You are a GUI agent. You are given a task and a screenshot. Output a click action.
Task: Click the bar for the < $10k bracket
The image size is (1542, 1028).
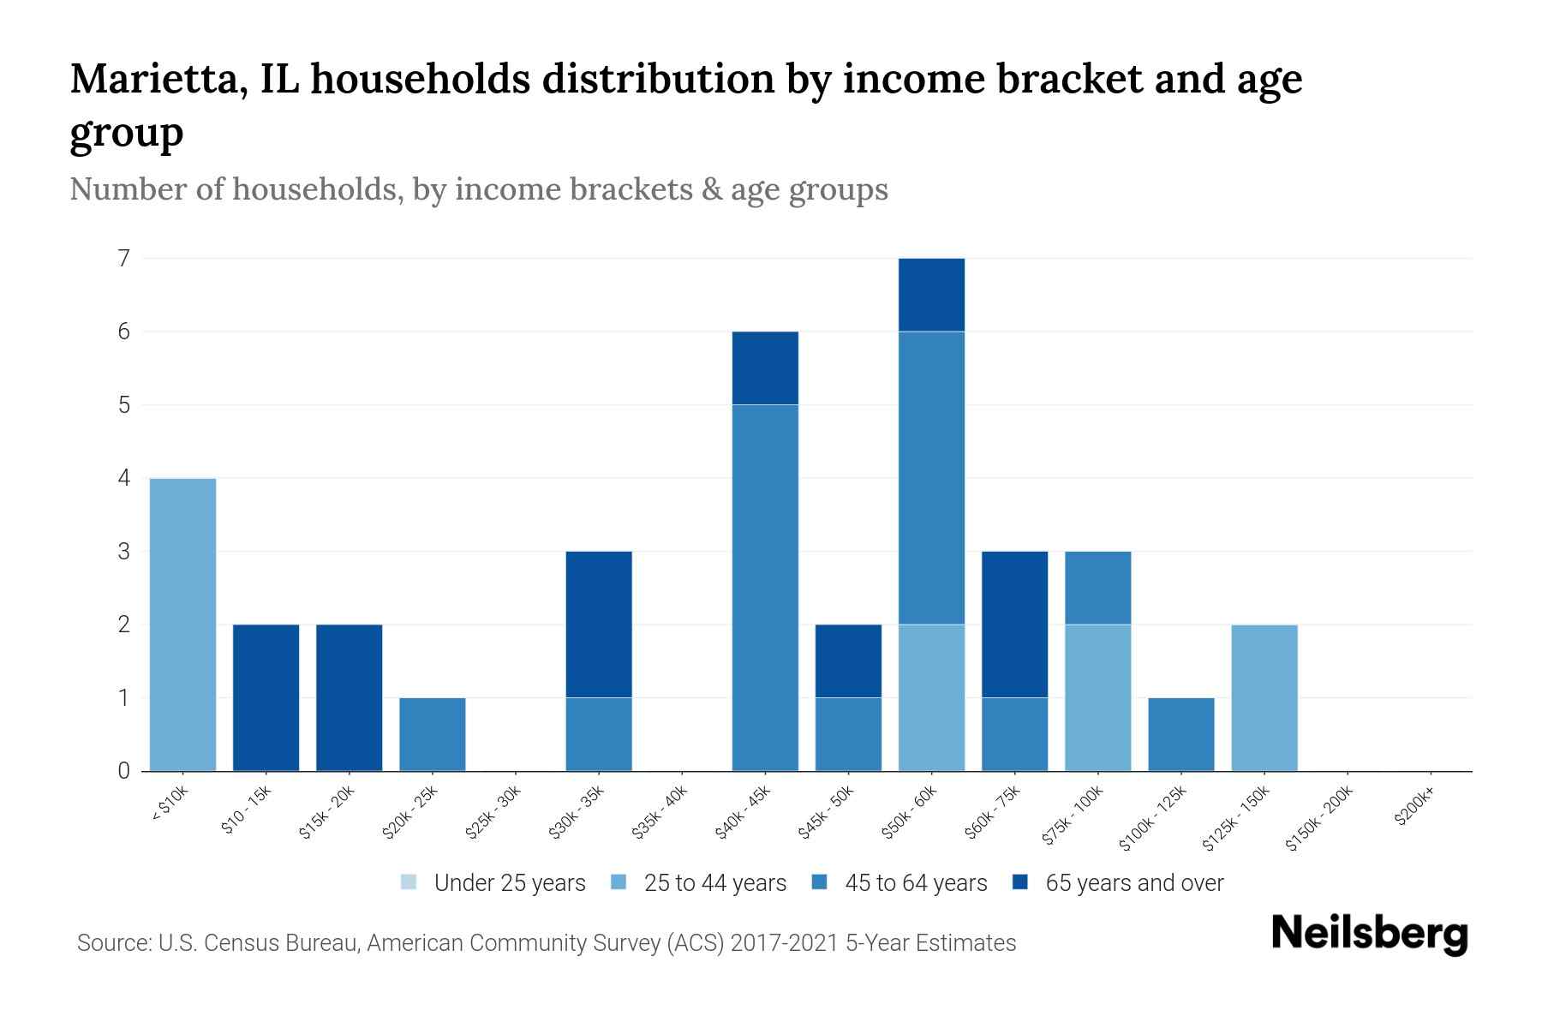(182, 625)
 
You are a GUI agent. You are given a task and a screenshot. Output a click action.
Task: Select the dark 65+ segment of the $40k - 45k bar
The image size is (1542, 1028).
(765, 368)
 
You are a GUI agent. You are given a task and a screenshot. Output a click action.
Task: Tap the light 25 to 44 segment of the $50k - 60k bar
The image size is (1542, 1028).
(931, 697)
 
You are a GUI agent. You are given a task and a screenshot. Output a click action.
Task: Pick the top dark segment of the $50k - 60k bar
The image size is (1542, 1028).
(931, 295)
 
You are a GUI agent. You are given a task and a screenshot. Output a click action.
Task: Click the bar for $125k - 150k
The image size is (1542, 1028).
(1264, 697)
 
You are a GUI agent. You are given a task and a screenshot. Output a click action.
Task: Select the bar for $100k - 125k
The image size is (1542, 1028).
(1181, 734)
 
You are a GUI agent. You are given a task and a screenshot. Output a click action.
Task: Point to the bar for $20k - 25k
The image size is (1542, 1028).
(433, 734)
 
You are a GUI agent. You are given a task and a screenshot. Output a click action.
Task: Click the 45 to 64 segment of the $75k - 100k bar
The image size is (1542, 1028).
(1097, 588)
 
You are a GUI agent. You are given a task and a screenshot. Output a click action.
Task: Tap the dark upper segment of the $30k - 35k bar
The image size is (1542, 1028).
(599, 625)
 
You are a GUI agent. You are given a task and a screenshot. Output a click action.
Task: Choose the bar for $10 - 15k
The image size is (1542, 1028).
(266, 697)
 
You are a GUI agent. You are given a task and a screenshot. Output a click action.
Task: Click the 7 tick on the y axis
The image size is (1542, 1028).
(124, 258)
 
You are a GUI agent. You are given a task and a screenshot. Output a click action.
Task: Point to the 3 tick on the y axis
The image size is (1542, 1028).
(124, 551)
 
